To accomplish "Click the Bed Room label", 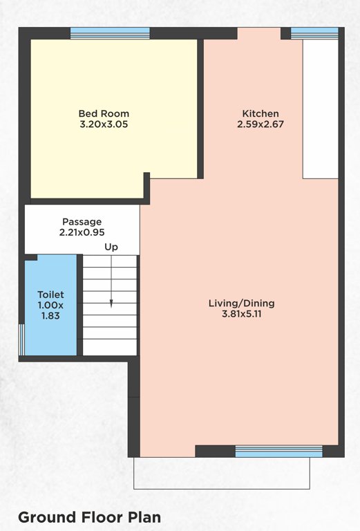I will [104, 113].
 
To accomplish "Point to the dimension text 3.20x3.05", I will [104, 125].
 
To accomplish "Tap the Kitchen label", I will [260, 113].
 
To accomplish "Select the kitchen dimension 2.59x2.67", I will [260, 125].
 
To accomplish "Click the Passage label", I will [82, 221].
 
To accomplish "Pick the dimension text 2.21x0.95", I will [82, 233].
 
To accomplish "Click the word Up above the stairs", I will [111, 247].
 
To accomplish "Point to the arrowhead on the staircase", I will [111, 303].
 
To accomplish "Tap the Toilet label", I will [50, 295].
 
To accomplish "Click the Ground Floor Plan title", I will [89, 516].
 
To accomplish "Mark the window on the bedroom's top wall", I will [110, 33].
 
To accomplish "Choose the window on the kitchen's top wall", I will [314, 32].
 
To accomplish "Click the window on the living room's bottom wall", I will [278, 451].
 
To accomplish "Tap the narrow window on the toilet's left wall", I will [21, 339].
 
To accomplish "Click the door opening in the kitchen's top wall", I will [259, 33].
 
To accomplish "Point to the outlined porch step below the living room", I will [222, 474].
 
